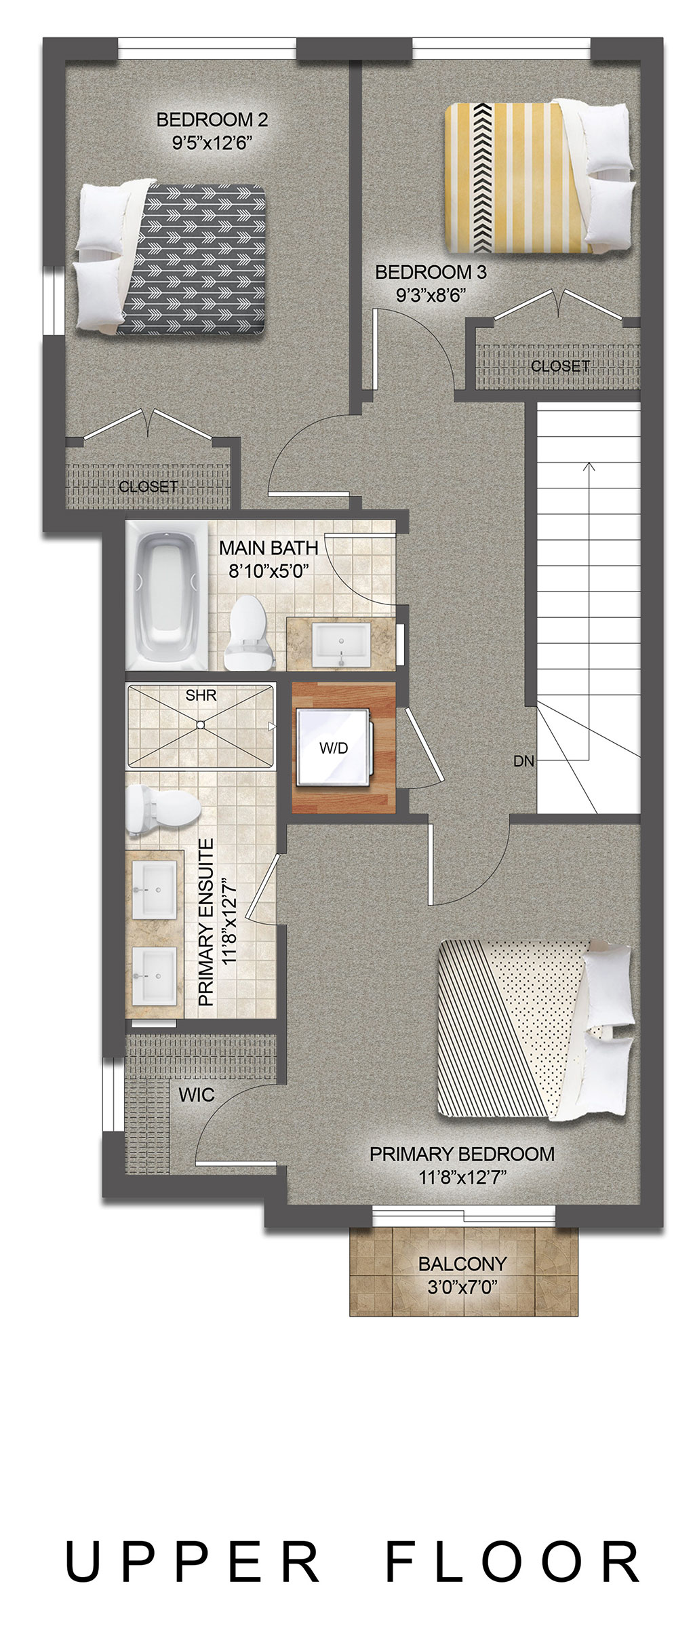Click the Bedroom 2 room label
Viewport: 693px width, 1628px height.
coord(212,120)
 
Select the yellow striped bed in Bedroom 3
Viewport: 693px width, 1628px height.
coord(538,176)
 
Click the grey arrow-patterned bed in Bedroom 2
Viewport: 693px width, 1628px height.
coord(170,258)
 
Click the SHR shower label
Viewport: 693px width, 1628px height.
coord(201,696)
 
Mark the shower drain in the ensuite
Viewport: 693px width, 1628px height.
coord(200,724)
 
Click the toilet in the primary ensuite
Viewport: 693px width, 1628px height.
coord(163,810)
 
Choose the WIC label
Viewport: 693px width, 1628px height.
coord(197,1094)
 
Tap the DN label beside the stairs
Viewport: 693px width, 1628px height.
coord(523,761)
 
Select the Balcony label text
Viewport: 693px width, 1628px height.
coord(462,1264)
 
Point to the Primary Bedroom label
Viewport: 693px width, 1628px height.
coord(462,1153)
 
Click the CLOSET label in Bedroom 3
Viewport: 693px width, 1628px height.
coord(560,366)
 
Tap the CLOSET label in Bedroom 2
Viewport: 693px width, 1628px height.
coord(148,486)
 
